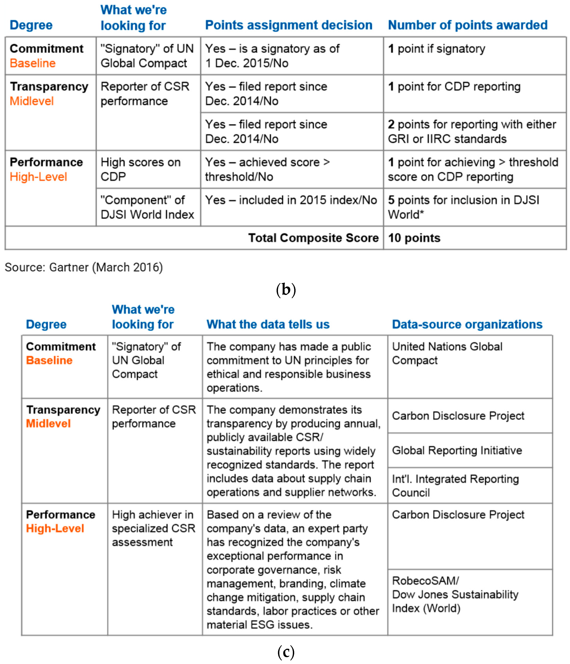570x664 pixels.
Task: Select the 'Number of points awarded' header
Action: [468, 25]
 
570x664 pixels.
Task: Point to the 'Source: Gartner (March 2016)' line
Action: [84, 267]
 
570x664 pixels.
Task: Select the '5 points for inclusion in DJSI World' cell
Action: [463, 207]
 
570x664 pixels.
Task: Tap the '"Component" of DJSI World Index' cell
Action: [147, 207]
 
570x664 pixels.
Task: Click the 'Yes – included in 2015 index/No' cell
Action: [291, 200]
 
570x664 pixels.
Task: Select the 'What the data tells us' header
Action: [268, 324]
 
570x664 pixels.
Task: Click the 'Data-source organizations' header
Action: [467, 324]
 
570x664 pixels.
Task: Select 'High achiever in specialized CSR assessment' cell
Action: [153, 528]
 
